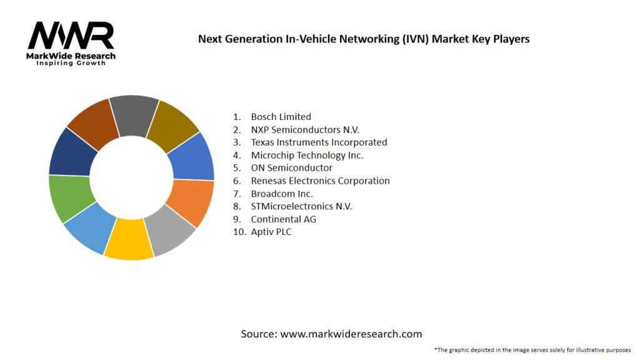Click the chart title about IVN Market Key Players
tap(364, 39)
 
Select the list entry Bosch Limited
tap(281, 117)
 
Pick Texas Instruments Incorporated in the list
tap(319, 142)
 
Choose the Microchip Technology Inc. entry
tap(307, 155)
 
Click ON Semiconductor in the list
tap(291, 168)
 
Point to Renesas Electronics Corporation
tap(320, 181)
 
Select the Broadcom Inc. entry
tap(282, 194)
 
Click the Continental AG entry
tap(283, 219)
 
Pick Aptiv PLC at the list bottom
tap(271, 232)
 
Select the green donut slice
tap(71, 198)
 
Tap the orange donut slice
tap(191, 202)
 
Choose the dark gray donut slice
tap(134, 115)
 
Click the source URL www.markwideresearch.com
tap(351, 334)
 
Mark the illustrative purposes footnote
tap(532, 349)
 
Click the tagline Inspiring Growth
tap(71, 63)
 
